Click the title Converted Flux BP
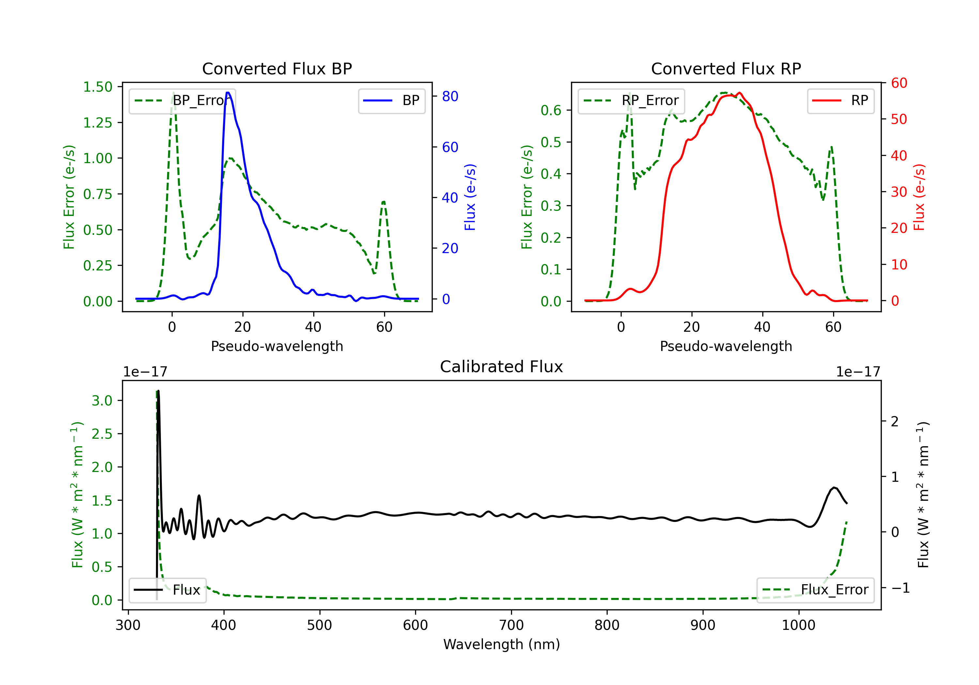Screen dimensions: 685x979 (x=277, y=68)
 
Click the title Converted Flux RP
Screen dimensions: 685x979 (x=726, y=68)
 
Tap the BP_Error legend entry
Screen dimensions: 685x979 (x=182, y=100)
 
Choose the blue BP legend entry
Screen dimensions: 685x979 (x=391, y=100)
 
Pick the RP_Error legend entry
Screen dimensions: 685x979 (x=631, y=100)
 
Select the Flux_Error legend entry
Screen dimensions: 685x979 (x=815, y=590)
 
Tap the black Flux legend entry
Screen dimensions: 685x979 (x=167, y=590)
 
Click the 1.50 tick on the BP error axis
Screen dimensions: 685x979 (x=98, y=87)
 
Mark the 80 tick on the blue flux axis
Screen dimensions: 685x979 (x=450, y=96)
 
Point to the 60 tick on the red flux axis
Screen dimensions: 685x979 (x=899, y=83)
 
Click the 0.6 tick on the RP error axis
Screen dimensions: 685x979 (x=551, y=110)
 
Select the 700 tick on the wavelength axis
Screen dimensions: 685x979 (x=511, y=625)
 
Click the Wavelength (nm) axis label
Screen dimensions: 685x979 (x=502, y=644)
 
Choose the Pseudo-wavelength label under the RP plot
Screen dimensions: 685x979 (x=726, y=346)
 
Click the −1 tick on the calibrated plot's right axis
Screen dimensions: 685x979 (x=900, y=588)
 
